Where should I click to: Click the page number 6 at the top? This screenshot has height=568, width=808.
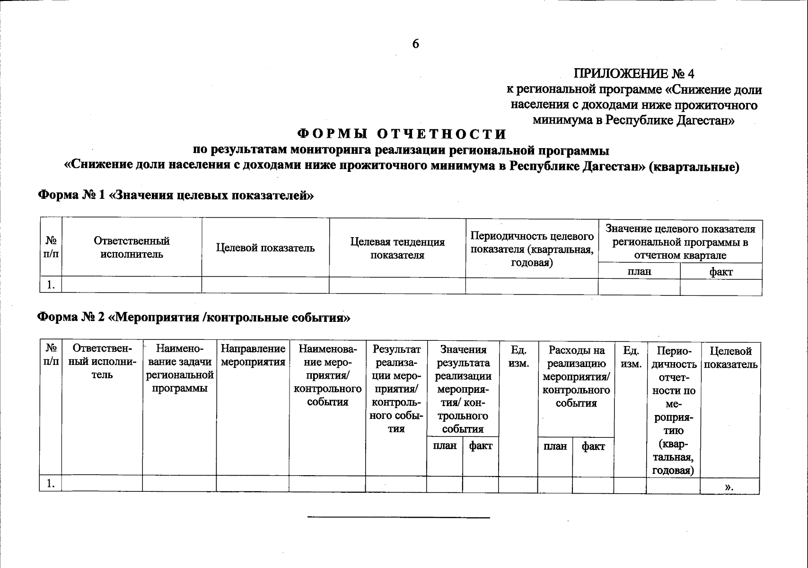[x=415, y=44]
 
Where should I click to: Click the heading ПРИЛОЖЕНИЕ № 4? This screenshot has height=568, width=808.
[x=634, y=74]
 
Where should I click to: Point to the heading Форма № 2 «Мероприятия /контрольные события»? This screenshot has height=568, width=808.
[x=194, y=317]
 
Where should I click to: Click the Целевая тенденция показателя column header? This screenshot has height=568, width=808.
[x=397, y=248]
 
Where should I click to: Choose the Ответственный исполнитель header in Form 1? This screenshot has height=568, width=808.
[x=132, y=248]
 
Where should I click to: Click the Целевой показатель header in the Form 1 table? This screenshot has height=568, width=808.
[x=265, y=248]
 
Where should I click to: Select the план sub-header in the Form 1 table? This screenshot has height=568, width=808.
[x=639, y=272]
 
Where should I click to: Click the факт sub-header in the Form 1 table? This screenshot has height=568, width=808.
[x=721, y=272]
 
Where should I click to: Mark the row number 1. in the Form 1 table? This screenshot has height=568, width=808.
[x=51, y=285]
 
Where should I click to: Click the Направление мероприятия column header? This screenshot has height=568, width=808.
[x=253, y=356]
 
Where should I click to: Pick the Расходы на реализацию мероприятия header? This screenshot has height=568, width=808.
[x=576, y=377]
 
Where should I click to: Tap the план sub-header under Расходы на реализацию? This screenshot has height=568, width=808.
[x=555, y=446]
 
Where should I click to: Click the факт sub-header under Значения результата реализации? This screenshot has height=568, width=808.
[x=480, y=446]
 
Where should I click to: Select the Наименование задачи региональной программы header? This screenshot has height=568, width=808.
[x=179, y=369]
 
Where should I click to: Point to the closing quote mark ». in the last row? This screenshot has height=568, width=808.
[x=729, y=487]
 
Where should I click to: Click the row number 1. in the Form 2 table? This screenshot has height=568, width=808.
[x=51, y=484]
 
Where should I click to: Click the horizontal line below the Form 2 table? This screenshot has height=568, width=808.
[x=398, y=517]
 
